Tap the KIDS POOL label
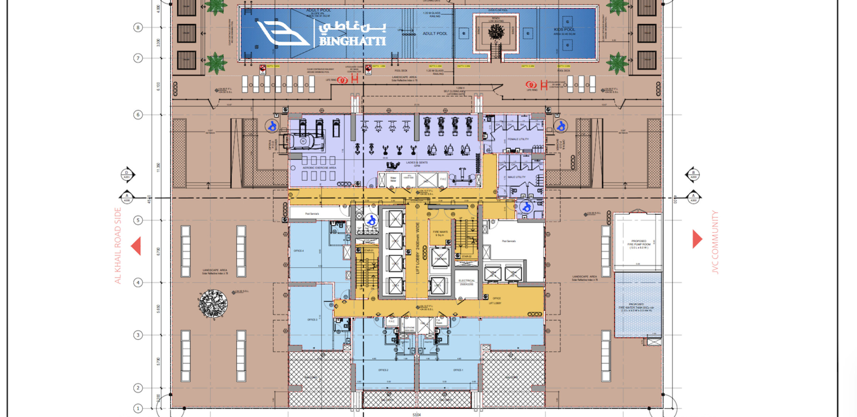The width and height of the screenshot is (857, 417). point(564,30)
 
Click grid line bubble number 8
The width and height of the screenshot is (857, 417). point(138,27)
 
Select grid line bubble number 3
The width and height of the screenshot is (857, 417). point(138,335)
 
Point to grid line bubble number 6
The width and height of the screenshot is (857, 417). point(138,115)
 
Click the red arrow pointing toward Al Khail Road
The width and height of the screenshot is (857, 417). point(136,246)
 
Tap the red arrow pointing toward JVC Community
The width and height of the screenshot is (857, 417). point(697,239)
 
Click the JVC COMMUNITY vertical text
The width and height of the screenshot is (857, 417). point(715,242)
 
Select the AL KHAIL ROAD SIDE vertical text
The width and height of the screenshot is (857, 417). point(118,246)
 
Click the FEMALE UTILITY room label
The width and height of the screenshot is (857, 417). point(518,139)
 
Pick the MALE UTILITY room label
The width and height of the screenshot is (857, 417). point(517,177)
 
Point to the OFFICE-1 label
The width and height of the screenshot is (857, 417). point(458,370)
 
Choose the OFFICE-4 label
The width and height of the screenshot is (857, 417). point(298,251)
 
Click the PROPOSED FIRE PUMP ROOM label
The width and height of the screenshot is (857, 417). point(639,244)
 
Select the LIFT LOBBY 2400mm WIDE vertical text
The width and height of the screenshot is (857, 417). point(418,248)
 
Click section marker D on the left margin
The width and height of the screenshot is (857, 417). point(127,175)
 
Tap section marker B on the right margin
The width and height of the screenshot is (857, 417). point(693,175)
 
